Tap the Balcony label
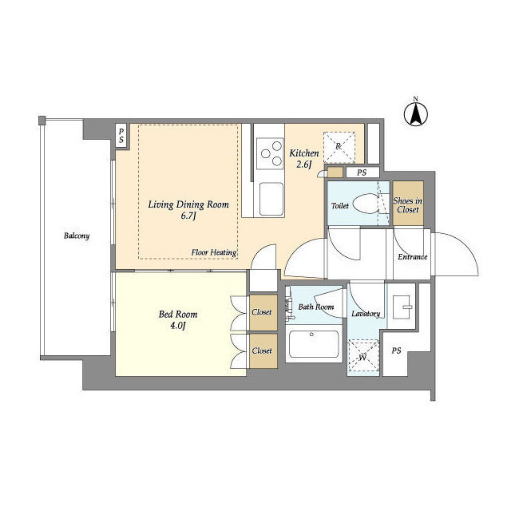click(77, 236)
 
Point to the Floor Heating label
click(214, 252)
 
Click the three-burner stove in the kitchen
click(270, 153)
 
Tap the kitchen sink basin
click(271, 199)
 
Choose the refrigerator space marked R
click(339, 147)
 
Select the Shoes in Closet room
click(408, 204)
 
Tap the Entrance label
click(412, 257)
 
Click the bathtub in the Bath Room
click(314, 344)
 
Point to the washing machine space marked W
click(364, 355)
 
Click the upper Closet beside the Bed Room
click(263, 312)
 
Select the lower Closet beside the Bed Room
click(263, 351)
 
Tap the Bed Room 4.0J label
click(178, 319)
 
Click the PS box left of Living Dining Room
click(121, 136)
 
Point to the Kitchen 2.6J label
click(304, 158)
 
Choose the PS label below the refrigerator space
click(362, 172)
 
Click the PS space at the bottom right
click(396, 351)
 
